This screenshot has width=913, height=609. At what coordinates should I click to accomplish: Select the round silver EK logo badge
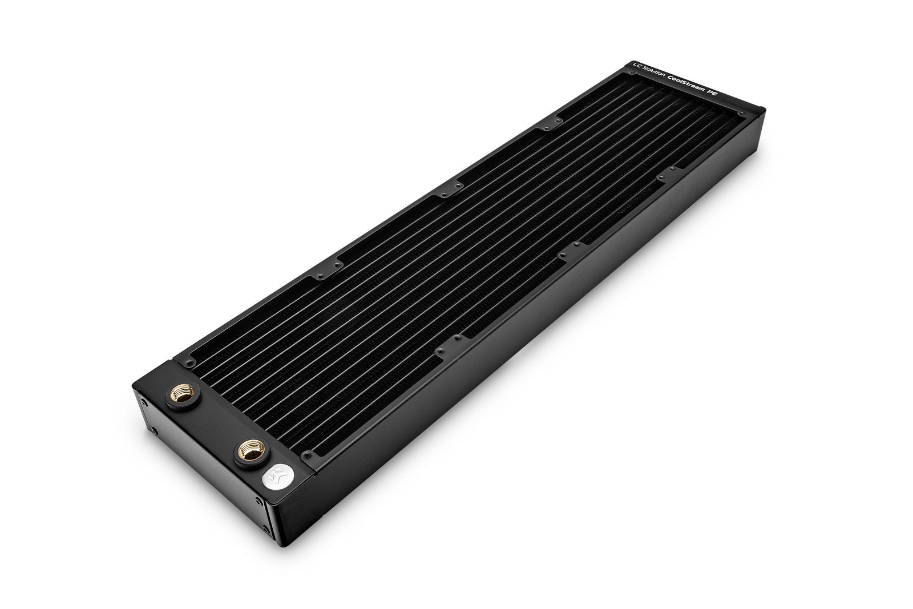(276, 475)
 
